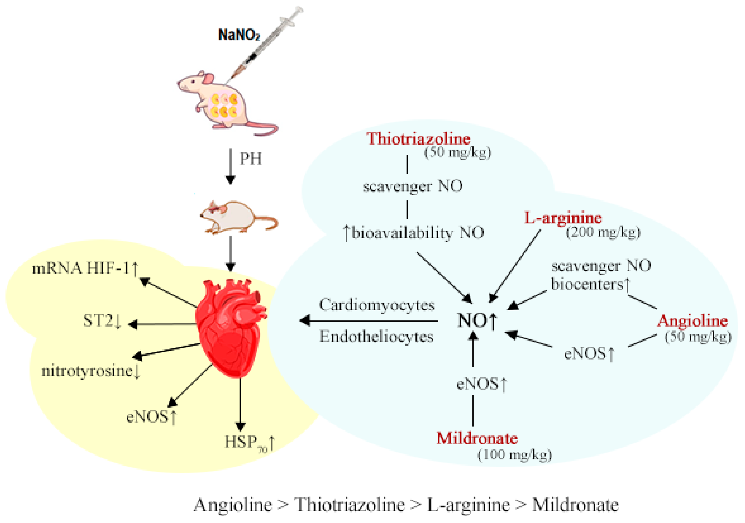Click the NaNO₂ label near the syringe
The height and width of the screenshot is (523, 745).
pos(239,35)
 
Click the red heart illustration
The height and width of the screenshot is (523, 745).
pos(230,327)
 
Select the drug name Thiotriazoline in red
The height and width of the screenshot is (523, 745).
pos(418,139)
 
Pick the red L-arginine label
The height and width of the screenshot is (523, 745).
pos(563,218)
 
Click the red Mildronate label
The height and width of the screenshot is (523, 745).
pos(477,439)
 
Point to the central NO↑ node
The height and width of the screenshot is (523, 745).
pos(476,321)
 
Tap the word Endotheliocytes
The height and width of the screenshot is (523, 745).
pos(376,337)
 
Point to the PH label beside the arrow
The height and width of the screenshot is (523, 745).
pos(251,159)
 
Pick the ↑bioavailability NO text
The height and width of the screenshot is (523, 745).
pos(413,233)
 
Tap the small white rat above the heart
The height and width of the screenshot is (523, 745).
pos(238,217)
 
